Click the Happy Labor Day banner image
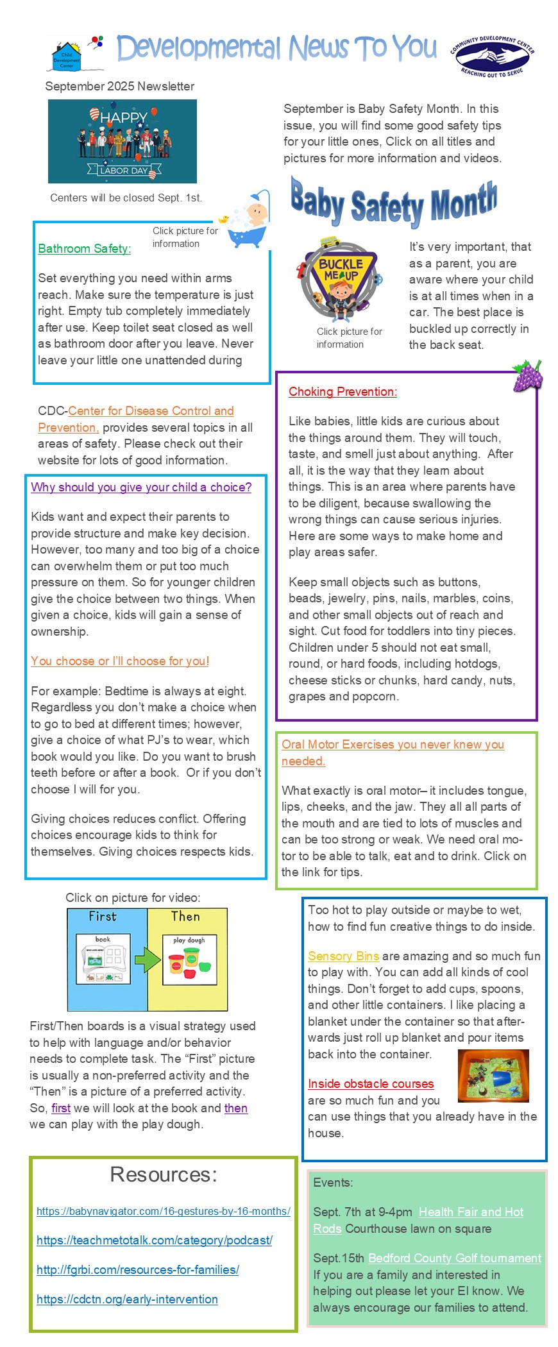(122, 141)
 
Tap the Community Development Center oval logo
(492, 56)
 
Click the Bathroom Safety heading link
(84, 249)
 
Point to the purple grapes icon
(527, 375)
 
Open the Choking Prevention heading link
(342, 392)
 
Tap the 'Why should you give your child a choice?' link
(141, 487)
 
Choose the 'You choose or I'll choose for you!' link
(120, 661)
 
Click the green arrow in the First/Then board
(148, 960)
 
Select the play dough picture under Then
(189, 960)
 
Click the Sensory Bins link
(343, 956)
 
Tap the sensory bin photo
(493, 1076)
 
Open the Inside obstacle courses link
(371, 1084)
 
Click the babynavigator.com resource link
(163, 1212)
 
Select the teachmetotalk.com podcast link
(154, 1241)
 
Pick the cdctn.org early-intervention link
(127, 1300)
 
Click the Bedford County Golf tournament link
(455, 1258)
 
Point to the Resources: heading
(164, 1174)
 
